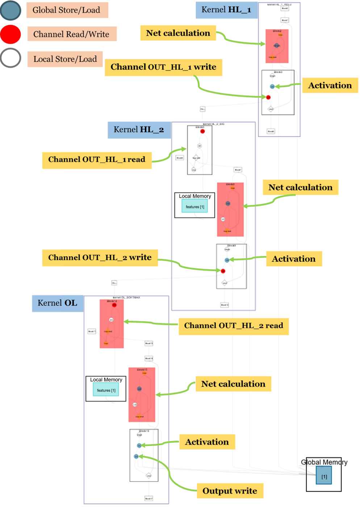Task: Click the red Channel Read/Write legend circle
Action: (11, 34)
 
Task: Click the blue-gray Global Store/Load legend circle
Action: (11, 10)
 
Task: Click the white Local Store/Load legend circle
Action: (11, 58)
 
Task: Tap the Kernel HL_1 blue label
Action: (226, 10)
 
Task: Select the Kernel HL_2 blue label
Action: (139, 130)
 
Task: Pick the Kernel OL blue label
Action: (57, 303)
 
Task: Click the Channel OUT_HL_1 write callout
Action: (163, 67)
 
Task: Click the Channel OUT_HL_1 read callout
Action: (96, 160)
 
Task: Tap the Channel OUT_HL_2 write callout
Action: (100, 258)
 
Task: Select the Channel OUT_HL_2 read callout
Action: (234, 326)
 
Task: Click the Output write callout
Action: (230, 491)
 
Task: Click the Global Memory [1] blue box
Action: (324, 477)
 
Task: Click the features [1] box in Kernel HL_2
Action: (195, 207)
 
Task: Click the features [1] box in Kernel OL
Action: (106, 390)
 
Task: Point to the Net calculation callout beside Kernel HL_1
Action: (178, 33)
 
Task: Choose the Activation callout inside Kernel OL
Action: (207, 442)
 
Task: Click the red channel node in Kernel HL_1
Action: (268, 97)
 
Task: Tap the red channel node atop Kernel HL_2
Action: (202, 131)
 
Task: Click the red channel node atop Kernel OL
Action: (114, 305)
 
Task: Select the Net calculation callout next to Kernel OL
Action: (233, 384)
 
